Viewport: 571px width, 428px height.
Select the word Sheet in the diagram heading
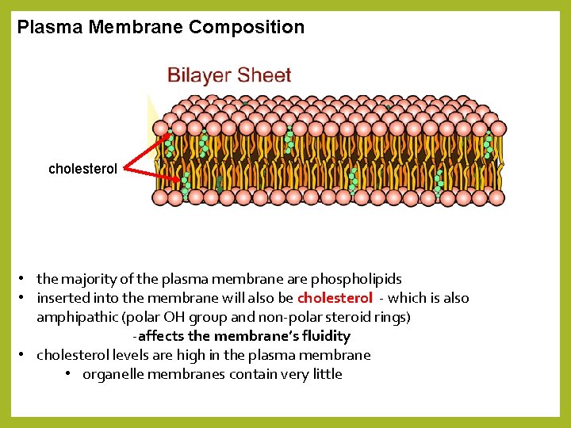(263, 76)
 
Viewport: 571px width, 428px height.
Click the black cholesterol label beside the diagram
(82, 169)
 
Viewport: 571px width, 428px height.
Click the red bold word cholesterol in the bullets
(335, 298)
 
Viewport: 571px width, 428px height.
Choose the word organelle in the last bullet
(113, 374)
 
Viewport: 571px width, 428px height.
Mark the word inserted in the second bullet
(63, 298)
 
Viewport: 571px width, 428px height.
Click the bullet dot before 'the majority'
(25, 279)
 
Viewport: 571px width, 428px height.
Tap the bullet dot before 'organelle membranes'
(70, 374)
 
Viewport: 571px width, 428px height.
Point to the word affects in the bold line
(162, 336)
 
